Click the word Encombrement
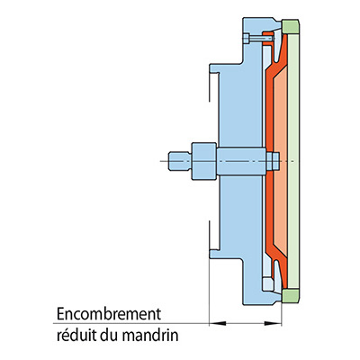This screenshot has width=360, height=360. [x=109, y=314]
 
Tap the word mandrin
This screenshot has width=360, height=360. [x=150, y=336]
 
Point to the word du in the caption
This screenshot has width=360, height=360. [x=110, y=336]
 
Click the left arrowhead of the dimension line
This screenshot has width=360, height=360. [x=217, y=323]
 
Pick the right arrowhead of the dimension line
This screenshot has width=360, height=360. [x=273, y=323]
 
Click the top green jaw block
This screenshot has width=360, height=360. [x=291, y=26]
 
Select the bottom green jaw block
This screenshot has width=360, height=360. [x=291, y=296]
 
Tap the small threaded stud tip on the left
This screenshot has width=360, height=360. [x=180, y=161]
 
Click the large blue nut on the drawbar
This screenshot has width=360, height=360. [x=204, y=161]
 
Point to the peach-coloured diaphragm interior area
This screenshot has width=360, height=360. [x=281, y=161]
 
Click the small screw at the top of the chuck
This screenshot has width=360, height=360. [x=258, y=39]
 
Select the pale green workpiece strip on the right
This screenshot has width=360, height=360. [x=293, y=161]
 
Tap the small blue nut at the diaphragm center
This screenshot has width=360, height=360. [x=273, y=161]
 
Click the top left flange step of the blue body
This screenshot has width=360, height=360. [x=226, y=67]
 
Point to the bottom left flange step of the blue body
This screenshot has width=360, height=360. [x=226, y=254]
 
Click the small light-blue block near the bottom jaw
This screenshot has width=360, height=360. [x=268, y=283]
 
